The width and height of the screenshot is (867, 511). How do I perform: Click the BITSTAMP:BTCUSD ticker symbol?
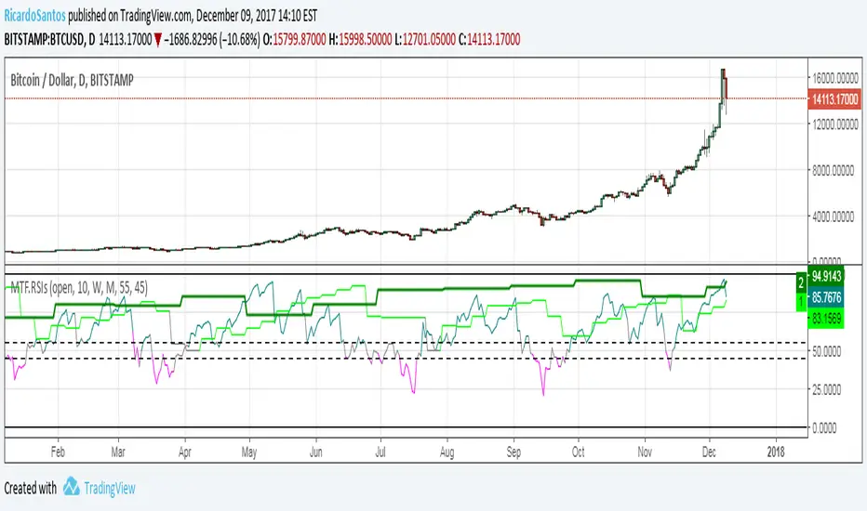48,39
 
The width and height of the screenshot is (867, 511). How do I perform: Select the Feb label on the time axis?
58,451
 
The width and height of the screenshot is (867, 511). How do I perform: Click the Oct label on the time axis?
579,451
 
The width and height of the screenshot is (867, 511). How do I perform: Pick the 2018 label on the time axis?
775,451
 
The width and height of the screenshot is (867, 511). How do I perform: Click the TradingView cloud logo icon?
72,488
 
